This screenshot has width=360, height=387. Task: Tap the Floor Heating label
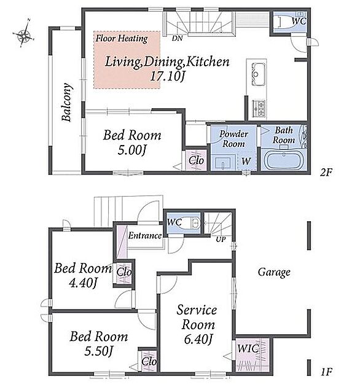tap(122, 39)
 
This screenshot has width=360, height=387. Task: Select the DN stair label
tap(177, 38)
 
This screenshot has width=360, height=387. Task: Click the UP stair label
tap(221, 239)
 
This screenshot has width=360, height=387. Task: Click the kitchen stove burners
tap(259, 108)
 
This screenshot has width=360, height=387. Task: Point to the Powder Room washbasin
tap(223, 163)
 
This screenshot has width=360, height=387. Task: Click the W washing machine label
tap(246, 161)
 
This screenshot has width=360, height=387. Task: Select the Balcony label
tap(67, 102)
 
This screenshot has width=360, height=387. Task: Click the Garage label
tap(274, 273)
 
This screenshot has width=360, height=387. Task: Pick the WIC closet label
tap(248, 349)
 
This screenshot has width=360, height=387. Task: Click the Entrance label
tap(145, 235)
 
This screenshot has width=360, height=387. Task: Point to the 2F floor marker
tap(326, 172)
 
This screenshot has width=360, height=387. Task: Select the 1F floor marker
tap(326, 372)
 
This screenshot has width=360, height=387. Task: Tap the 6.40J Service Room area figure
tap(198, 339)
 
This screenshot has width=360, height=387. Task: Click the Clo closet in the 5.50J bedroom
tap(149, 362)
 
